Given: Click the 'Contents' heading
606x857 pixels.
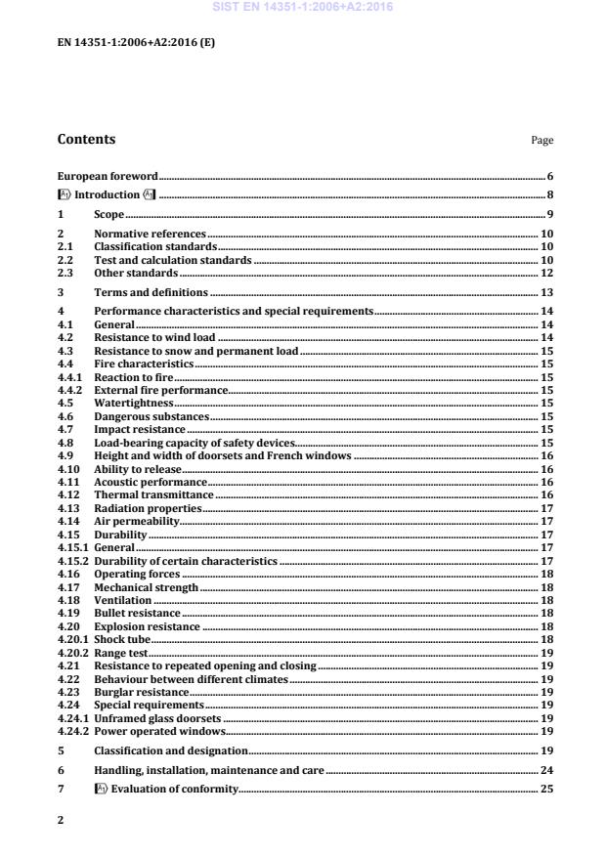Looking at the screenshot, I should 86,140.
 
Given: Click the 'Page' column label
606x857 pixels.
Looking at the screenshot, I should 542,141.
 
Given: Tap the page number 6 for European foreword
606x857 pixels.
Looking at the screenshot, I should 550,176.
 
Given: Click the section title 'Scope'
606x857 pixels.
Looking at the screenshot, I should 108,214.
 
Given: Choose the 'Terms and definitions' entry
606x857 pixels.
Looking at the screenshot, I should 151,292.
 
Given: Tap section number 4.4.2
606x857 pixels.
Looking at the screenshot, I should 70,389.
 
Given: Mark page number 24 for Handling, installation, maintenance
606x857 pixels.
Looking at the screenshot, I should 546,771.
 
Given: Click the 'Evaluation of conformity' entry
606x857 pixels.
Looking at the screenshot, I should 172,789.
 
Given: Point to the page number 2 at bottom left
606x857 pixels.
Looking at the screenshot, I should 61,820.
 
